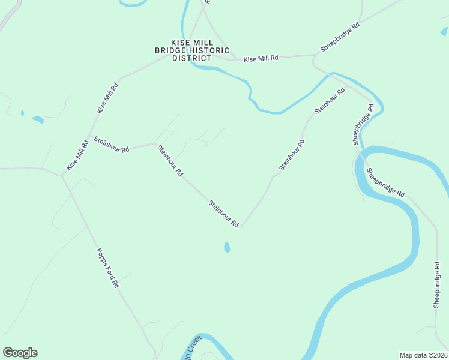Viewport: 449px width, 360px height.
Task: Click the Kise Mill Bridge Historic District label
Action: [x=192, y=50]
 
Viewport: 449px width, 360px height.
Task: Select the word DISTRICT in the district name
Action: [x=192, y=58]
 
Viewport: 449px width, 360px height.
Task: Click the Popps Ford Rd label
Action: [x=107, y=267]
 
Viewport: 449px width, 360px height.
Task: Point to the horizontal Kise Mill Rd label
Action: [x=261, y=58]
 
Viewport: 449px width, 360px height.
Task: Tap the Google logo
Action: [x=20, y=353]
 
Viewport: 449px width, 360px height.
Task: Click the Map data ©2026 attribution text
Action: [x=423, y=355]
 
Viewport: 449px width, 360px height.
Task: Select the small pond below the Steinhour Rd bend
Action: [x=227, y=247]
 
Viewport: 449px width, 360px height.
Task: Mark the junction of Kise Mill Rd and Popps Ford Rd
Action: [x=62, y=176]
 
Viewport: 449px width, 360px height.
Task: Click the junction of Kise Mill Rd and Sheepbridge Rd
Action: [x=314, y=56]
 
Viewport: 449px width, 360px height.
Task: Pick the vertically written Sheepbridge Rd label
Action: [x=437, y=285]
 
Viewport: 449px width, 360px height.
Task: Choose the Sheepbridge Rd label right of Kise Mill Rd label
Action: [x=340, y=38]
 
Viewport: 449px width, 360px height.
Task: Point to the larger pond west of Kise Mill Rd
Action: [x=38, y=119]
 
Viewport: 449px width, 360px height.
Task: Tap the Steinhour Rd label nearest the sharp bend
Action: [x=224, y=213]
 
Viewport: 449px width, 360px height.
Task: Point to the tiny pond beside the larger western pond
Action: [x=22, y=113]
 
